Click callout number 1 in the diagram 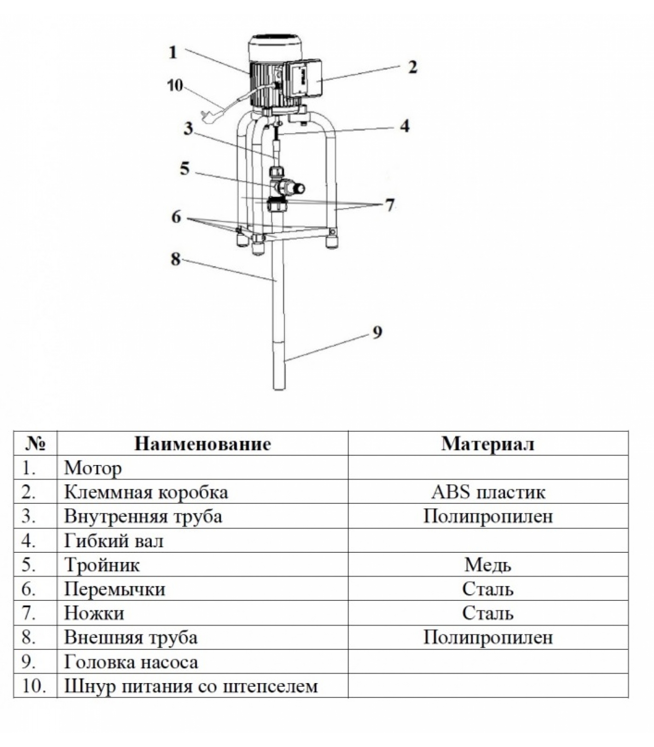point(173,52)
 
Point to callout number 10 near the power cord point(175,85)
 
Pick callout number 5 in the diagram point(185,168)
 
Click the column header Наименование point(202,444)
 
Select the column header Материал point(488,444)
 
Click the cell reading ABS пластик point(488,492)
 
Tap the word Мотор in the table point(93,468)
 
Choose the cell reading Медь point(488,565)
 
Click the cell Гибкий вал point(114,541)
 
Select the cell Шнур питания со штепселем point(191,686)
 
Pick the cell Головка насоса point(131,662)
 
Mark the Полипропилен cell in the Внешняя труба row point(488,637)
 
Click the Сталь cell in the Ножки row point(488,613)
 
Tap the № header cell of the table point(35,444)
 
